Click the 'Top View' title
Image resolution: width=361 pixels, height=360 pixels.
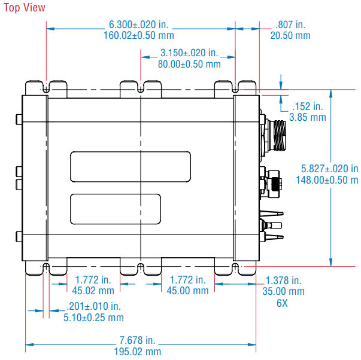[24, 8]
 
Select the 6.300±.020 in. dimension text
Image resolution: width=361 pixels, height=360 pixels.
[139, 25]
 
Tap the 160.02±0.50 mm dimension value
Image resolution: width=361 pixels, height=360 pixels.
[139, 35]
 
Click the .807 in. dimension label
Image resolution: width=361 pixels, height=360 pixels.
[290, 25]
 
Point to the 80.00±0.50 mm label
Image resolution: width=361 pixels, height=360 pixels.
[189, 64]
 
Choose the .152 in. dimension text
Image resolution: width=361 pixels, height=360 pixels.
[307, 106]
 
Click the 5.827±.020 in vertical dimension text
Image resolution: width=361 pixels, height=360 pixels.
[330, 169]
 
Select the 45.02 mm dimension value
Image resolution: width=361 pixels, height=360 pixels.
[93, 291]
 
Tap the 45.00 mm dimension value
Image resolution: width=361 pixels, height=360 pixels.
[187, 291]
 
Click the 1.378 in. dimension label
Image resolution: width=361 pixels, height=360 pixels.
[283, 280]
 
